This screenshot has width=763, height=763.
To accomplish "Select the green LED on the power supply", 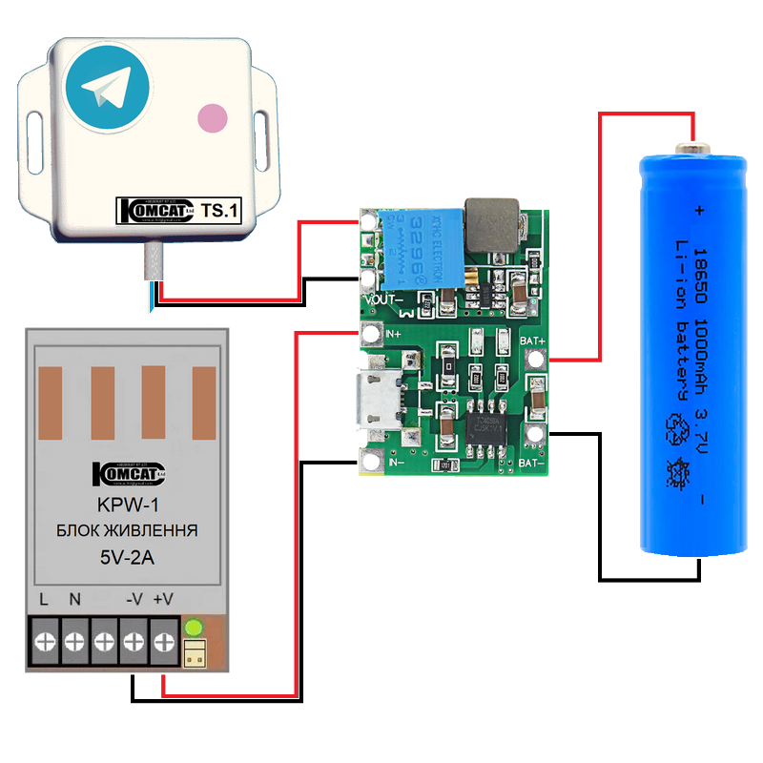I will tap(194, 628).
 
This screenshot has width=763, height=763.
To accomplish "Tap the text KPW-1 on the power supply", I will tap(125, 506).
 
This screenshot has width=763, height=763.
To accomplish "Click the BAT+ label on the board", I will tap(532, 340).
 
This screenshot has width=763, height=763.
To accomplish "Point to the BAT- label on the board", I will tap(532, 464).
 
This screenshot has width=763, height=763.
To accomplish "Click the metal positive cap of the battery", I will tap(691, 149).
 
